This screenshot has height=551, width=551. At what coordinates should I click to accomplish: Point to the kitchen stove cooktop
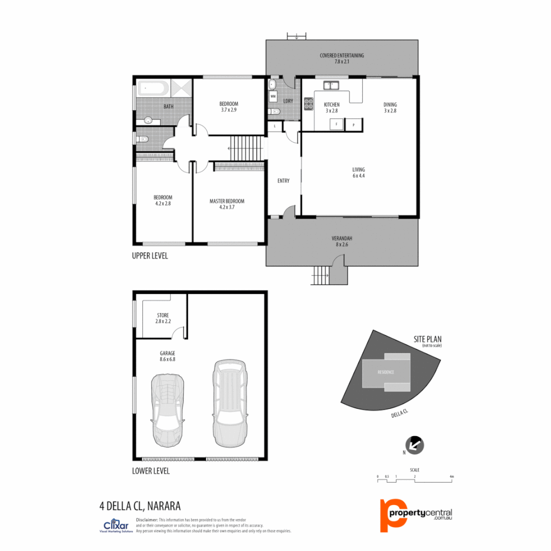pos(308,104)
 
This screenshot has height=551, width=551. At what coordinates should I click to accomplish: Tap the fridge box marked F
pos(337,124)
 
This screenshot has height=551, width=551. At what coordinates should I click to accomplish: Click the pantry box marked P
pos(354,124)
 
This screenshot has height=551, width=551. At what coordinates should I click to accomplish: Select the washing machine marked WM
pos(273,96)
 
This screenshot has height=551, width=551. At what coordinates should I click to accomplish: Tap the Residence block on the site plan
pos(386,372)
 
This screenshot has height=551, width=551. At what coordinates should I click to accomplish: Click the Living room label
pos(359,172)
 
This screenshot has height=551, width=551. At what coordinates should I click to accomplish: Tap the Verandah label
pos(342,241)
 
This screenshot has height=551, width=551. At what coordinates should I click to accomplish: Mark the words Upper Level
pos(150,256)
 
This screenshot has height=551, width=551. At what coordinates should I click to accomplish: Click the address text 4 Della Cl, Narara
pos(140,506)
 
